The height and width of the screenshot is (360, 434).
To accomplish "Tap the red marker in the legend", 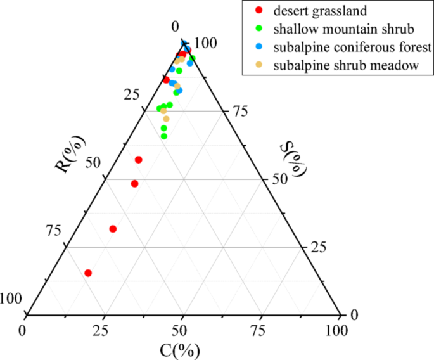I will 257,10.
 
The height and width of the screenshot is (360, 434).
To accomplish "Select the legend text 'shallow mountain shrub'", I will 336,29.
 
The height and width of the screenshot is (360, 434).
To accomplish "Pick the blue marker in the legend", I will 257,47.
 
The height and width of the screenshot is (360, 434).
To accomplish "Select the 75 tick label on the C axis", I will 260,330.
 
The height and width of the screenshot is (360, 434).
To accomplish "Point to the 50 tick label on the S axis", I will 280,179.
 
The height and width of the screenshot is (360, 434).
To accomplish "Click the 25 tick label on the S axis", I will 317,247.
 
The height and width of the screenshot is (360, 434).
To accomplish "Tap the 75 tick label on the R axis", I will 55,230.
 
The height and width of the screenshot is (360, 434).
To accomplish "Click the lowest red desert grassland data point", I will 88,273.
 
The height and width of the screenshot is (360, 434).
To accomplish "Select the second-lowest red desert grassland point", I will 113,229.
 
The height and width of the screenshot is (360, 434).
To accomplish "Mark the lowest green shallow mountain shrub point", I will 164,136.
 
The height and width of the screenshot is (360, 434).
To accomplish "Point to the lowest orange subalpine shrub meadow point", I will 166,119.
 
